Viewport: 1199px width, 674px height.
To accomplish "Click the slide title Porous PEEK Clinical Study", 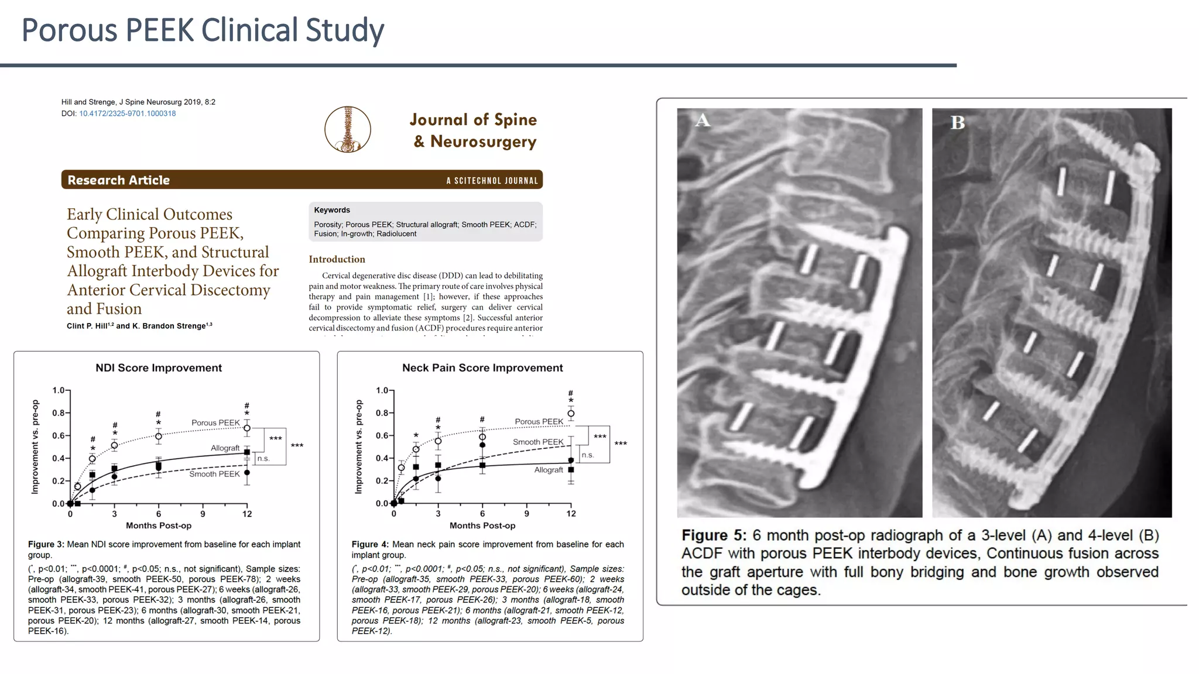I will tap(203, 30).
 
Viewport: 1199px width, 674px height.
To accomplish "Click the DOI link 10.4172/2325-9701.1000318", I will tap(127, 114).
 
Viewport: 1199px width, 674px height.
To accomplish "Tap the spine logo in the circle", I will tap(348, 129).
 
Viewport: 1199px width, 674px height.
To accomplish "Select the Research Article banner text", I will tap(118, 180).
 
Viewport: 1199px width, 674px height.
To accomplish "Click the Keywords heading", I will tap(332, 210).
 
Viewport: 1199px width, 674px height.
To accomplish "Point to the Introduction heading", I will tap(337, 259).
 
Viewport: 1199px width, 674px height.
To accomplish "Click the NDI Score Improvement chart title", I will tap(159, 368).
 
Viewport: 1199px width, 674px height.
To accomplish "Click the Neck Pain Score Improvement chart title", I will tap(482, 368).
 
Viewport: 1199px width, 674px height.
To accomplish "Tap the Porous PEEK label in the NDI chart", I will tap(215, 422).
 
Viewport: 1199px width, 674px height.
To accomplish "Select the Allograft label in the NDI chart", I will tap(225, 448).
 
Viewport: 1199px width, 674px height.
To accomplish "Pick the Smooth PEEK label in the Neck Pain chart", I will tap(538, 442).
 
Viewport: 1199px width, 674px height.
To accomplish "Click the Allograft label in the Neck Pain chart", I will tap(549, 470).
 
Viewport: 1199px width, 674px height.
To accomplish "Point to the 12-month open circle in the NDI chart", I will tap(247, 428).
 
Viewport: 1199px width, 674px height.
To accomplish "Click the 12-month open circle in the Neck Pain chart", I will tap(571, 414).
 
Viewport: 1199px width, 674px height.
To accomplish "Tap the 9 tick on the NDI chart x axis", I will tap(203, 514).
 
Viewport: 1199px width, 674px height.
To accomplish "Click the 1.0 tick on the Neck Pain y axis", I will tap(382, 390).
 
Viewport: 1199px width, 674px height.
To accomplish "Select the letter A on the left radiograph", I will tap(703, 121).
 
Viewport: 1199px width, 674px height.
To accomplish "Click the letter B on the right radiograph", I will tap(957, 122).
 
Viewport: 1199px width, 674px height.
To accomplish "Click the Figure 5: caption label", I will tap(714, 535).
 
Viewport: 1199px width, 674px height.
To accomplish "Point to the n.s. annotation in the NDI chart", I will tap(263, 459).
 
